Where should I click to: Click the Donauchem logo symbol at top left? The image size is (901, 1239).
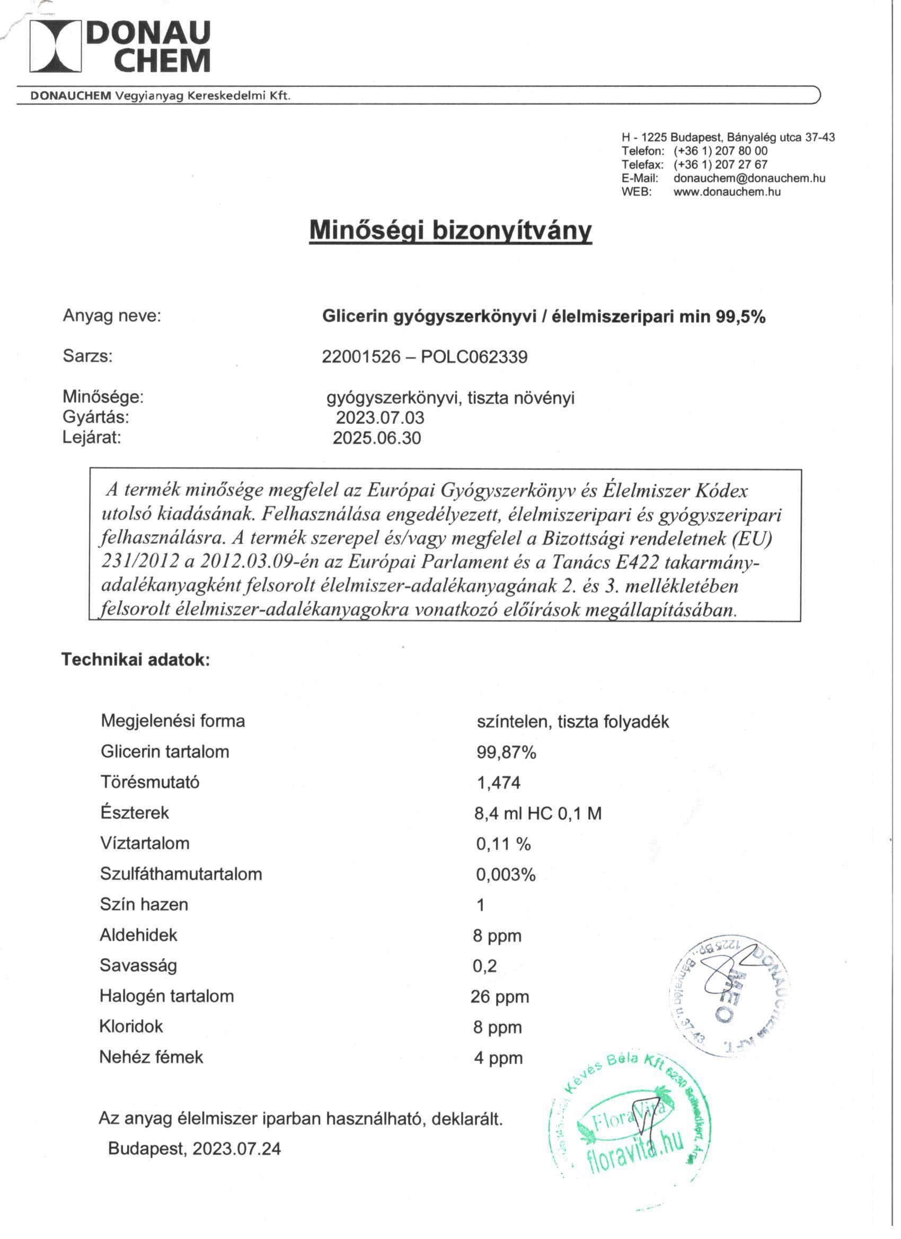pyautogui.click(x=55, y=46)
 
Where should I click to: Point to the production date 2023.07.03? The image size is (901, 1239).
pyautogui.click(x=379, y=418)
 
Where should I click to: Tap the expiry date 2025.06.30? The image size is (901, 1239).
pyautogui.click(x=377, y=438)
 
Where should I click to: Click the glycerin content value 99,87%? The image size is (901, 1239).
pyautogui.click(x=506, y=753)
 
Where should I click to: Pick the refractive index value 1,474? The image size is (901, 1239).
pyautogui.click(x=498, y=783)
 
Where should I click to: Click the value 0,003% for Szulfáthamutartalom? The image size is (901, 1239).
pyautogui.click(x=506, y=875)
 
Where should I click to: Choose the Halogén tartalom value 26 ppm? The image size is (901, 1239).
pyautogui.click(x=499, y=997)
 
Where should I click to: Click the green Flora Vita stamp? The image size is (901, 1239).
pyautogui.click(x=630, y=1127)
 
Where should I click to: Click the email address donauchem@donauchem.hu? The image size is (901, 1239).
pyautogui.click(x=749, y=178)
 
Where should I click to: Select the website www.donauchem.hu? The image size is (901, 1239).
pyautogui.click(x=727, y=192)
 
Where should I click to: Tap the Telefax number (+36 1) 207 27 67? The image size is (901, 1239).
pyautogui.click(x=720, y=164)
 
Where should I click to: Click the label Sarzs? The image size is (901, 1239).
pyautogui.click(x=87, y=356)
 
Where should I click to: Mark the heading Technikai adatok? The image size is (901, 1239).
pyautogui.click(x=136, y=660)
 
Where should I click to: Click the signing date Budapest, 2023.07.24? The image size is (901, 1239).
pyautogui.click(x=195, y=1148)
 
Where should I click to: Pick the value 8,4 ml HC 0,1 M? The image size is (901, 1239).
pyautogui.click(x=537, y=814)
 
